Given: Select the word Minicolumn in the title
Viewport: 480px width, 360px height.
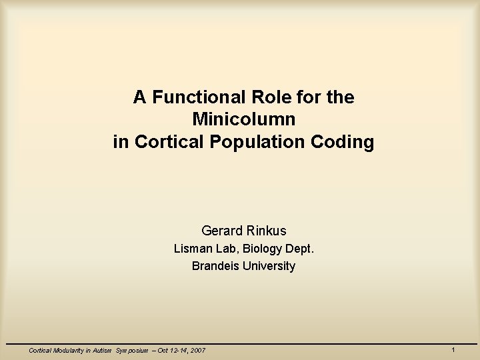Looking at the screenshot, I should coord(243,120).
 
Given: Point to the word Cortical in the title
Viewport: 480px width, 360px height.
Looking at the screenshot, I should coord(161,143).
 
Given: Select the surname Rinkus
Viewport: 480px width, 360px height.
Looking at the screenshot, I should coord(265,231).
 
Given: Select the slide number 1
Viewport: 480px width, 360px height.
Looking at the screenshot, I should coord(453,349).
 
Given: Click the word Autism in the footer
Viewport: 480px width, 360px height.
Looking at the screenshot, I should coord(101,350).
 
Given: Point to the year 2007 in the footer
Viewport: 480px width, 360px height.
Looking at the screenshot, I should coord(196,350).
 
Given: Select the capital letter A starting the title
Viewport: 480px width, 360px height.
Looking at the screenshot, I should coord(139,97).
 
